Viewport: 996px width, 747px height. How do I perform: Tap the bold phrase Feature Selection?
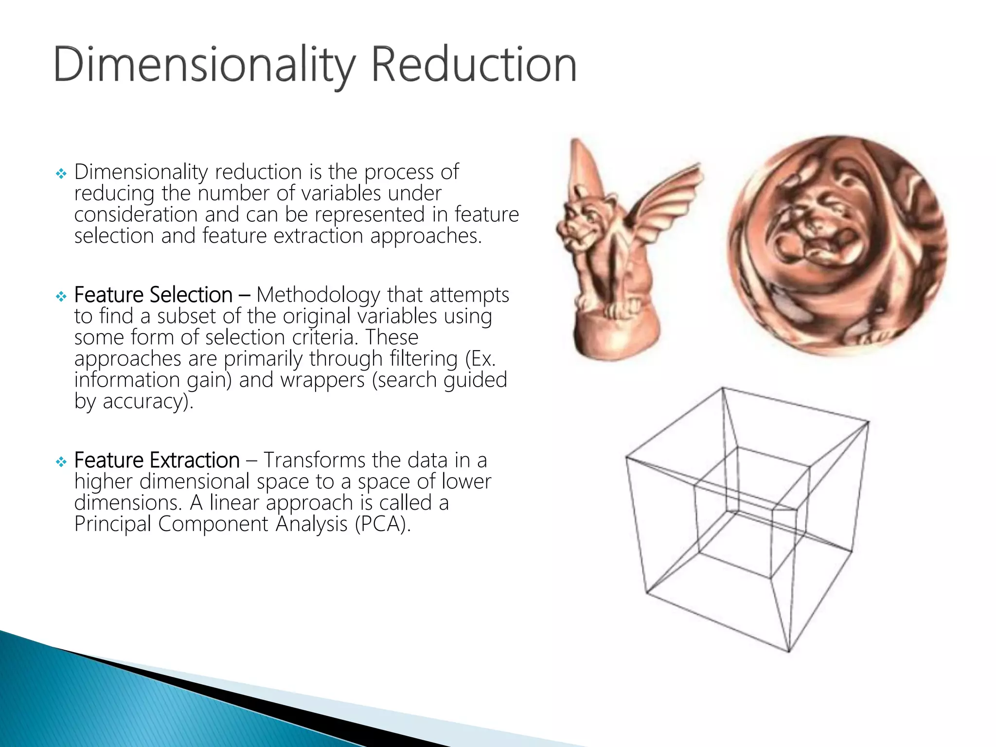pos(153,295)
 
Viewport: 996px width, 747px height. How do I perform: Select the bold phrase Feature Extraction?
pos(157,460)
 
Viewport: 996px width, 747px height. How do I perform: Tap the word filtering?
pos(423,359)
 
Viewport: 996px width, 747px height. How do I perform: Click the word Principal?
pos(112,524)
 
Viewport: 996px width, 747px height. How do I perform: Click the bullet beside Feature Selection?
pos(61,296)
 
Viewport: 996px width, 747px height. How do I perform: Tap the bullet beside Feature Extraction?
pos(61,461)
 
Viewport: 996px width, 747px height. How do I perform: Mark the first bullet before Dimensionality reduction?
pos(61,173)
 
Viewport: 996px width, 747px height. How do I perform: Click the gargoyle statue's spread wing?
pos(666,204)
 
